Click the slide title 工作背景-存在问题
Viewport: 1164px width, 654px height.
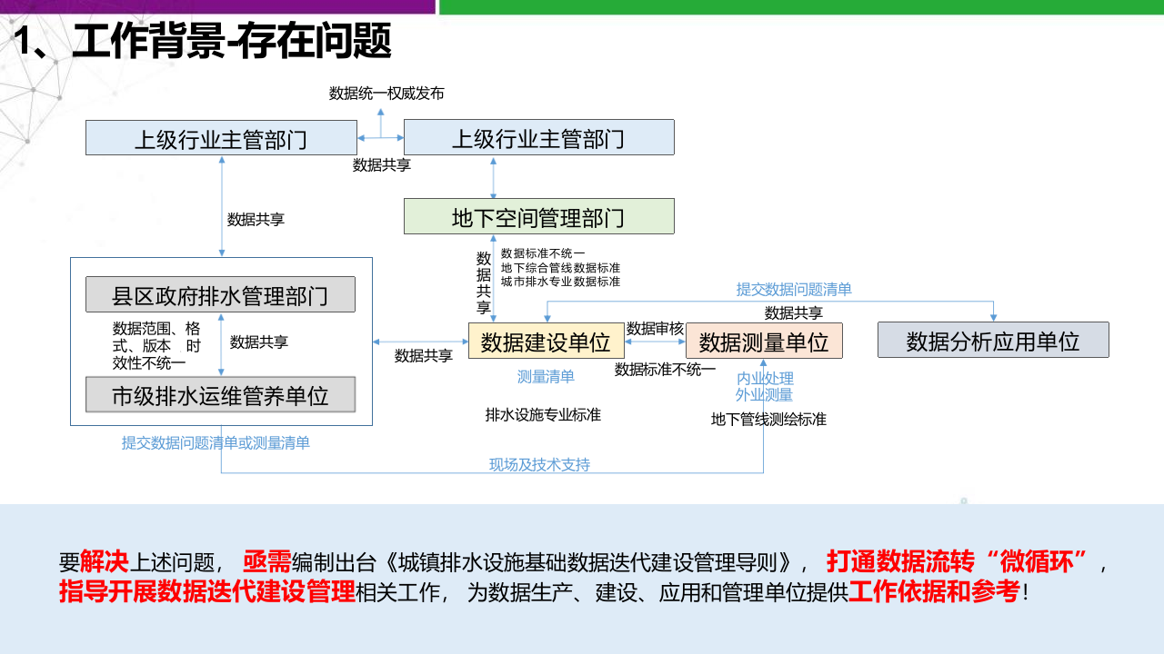(x=231, y=42)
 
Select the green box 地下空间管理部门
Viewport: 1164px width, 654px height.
(x=538, y=217)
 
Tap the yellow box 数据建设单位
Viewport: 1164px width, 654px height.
(x=546, y=342)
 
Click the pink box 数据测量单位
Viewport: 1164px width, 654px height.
(x=764, y=342)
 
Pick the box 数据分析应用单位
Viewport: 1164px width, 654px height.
(x=993, y=341)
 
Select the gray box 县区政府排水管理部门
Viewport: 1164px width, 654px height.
(x=220, y=295)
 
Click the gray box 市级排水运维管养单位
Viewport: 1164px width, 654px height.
(x=220, y=395)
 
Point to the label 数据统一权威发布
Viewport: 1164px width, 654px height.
(x=386, y=94)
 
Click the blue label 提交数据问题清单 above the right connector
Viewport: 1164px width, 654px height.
(x=794, y=290)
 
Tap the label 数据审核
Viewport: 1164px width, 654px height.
(x=655, y=329)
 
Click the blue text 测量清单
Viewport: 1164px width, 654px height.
(x=546, y=376)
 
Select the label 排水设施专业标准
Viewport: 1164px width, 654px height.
(x=543, y=414)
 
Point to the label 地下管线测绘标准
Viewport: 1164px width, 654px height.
(x=768, y=420)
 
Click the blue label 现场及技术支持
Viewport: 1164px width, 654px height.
(x=539, y=464)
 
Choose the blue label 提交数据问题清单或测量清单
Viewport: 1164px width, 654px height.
(x=216, y=442)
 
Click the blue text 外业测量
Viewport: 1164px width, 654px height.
(x=764, y=394)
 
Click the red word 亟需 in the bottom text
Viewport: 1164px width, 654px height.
(x=266, y=561)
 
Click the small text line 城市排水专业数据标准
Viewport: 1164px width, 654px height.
(x=560, y=282)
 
